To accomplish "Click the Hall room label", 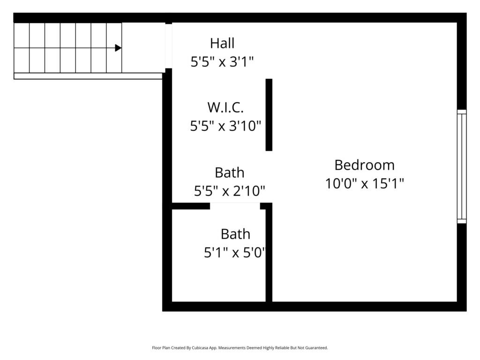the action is [x=222, y=43].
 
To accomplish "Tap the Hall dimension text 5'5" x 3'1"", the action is [x=222, y=62].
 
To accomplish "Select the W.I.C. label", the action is [x=225, y=107].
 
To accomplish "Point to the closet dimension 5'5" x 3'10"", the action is [x=225, y=126].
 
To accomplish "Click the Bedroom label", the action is [x=364, y=165].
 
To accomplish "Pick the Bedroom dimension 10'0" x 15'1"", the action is [x=364, y=184].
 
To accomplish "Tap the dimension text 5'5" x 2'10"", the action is [x=229, y=191].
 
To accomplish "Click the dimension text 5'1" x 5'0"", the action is [x=235, y=253].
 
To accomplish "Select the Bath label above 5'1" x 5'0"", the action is [x=235, y=234].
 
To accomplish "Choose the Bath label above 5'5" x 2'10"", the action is [x=230, y=172].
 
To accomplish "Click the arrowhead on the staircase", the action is [x=118, y=48].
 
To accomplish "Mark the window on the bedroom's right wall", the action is [x=462, y=166].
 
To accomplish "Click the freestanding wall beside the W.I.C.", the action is [x=269, y=115].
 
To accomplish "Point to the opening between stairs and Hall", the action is [x=168, y=46].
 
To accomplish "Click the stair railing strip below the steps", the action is [x=88, y=76].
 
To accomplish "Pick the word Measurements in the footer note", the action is [x=232, y=348].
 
